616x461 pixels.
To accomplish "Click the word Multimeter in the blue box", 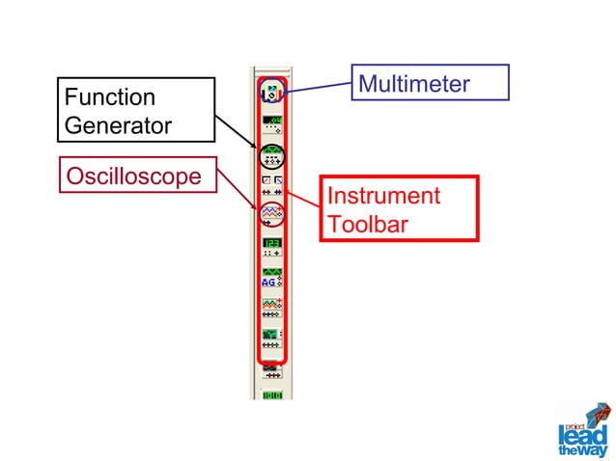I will click(x=413, y=84).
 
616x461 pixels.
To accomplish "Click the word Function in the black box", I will click(x=109, y=97).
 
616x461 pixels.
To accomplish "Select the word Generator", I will click(x=118, y=125).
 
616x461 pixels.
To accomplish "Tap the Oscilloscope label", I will click(x=133, y=176).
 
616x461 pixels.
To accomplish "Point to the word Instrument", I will click(x=383, y=196).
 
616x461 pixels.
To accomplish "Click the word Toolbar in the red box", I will click(x=366, y=224).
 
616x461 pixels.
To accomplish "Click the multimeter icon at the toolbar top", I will click(x=271, y=92).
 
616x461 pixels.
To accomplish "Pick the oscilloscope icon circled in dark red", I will click(x=271, y=213).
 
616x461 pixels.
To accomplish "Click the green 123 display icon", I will click(x=271, y=245).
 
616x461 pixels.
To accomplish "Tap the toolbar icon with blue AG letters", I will click(x=271, y=278).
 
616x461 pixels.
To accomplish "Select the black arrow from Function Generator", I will click(x=237, y=127).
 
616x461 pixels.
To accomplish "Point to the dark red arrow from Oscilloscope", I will click(x=237, y=188).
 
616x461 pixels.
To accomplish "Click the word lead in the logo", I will click(x=580, y=432).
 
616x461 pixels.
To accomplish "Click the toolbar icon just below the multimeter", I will click(x=271, y=122).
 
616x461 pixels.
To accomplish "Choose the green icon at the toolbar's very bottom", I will click(x=271, y=394).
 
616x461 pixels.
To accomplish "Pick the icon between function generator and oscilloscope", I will click(x=271, y=182).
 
